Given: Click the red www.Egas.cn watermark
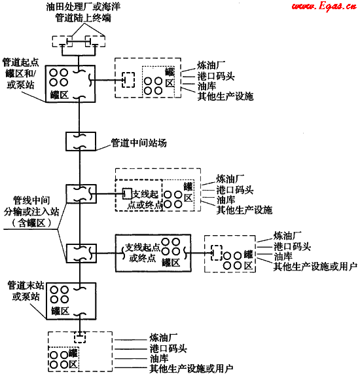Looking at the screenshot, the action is tap(325, 6).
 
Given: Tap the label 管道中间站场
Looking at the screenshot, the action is tap(139, 143).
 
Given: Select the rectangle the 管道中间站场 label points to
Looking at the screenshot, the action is tap(81, 141).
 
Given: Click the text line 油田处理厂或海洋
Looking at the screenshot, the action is tap(83, 7).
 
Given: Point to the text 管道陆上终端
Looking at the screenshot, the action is tap(83, 18).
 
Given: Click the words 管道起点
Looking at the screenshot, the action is tap(20, 62).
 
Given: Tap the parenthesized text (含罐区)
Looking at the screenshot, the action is tap(31, 223).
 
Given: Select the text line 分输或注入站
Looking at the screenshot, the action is tap(31, 212).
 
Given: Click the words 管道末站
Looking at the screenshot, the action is tap(26, 286).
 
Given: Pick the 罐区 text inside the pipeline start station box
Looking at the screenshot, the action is tap(60, 95).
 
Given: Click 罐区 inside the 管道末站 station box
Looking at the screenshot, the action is tap(60, 311).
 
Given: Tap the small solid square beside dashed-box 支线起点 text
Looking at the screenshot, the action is tap(127, 194).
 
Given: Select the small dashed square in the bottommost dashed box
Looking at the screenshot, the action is tap(80, 337).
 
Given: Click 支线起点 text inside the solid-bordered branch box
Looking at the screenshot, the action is tap(143, 248).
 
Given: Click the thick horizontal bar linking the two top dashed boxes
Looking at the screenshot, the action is tap(79, 42).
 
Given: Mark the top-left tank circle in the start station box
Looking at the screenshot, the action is tap(54, 73).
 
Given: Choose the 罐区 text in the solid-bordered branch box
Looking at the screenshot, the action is tap(171, 263).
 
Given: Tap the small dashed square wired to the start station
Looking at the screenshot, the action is tap(128, 80).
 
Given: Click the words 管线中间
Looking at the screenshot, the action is tap(31, 200).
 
